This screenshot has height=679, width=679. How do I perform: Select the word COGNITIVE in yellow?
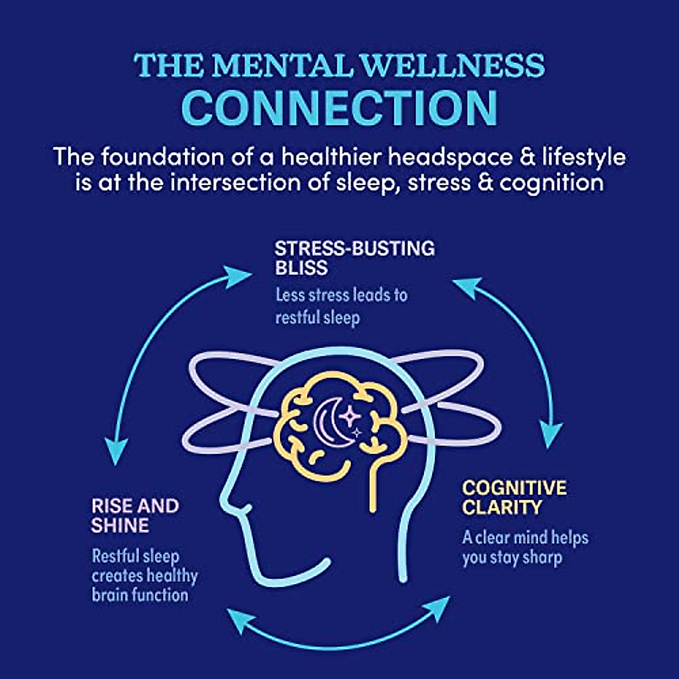pyautogui.click(x=514, y=488)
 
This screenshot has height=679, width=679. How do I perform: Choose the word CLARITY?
pyautogui.click(x=502, y=508)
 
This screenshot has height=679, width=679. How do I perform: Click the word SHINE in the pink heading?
pyautogui.click(x=119, y=525)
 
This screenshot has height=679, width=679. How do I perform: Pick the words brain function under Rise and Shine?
pyautogui.click(x=140, y=595)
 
